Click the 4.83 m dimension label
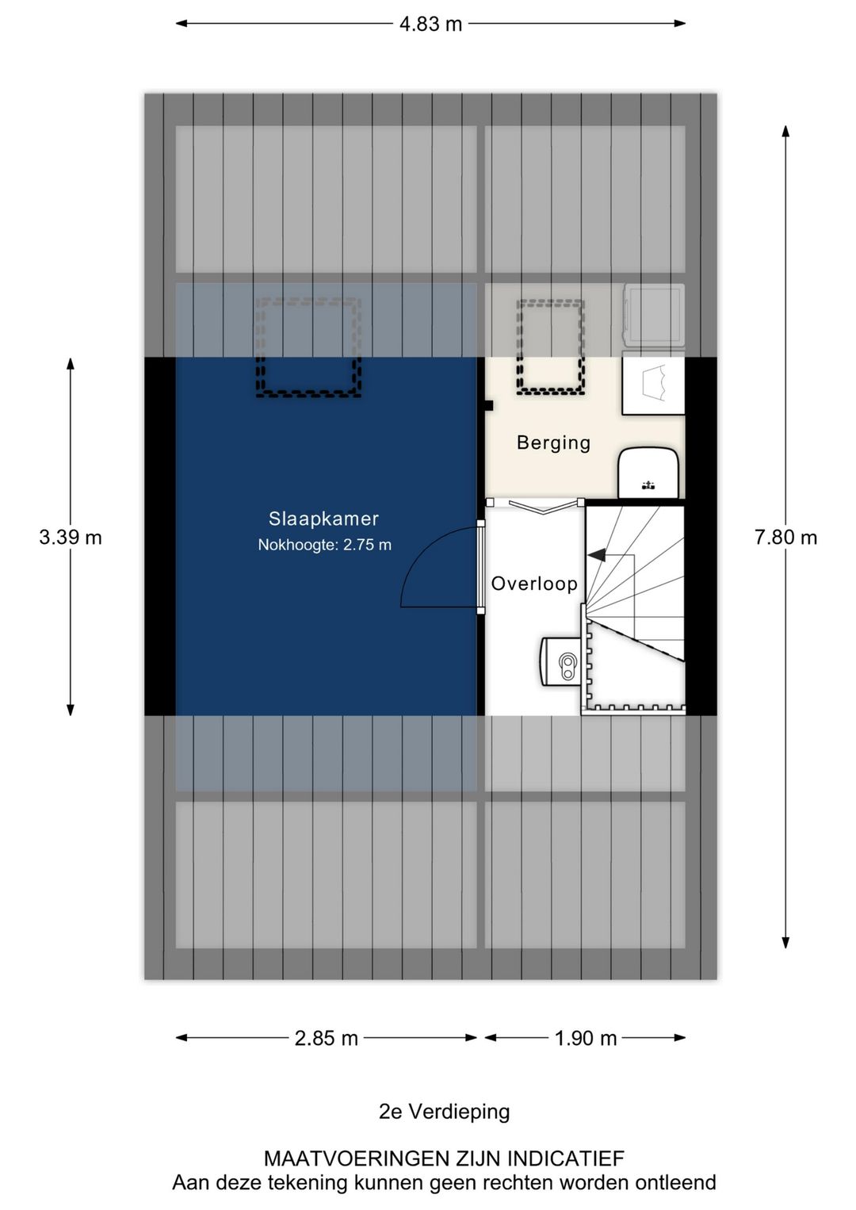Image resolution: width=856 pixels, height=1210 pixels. [x=430, y=24]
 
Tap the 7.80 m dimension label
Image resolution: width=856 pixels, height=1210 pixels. [x=785, y=538]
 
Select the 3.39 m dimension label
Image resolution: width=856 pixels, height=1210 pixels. [x=71, y=538]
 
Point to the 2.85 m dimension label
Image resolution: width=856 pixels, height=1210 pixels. [x=326, y=1038]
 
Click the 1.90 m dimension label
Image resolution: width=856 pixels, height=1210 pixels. [x=585, y=1038]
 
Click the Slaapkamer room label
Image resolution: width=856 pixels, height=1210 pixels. [x=323, y=519]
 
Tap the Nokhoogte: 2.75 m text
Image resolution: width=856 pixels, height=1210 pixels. [x=324, y=545]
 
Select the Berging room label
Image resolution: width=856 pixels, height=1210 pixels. [x=553, y=442]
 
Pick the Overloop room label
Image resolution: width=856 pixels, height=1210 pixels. [x=534, y=584]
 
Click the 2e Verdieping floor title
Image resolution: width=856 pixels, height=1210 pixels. [x=444, y=1112]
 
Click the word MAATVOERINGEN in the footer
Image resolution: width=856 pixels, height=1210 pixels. [x=357, y=1158]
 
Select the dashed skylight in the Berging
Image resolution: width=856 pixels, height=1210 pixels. [x=551, y=347]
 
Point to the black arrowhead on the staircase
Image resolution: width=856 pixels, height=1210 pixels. [x=595, y=555]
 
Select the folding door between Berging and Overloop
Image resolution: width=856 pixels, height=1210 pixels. [x=536, y=504]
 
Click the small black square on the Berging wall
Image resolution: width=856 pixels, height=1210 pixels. [x=488, y=405]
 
